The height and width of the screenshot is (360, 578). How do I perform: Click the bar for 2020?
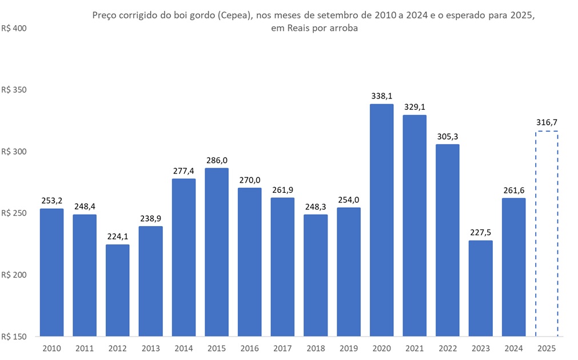point(381,220)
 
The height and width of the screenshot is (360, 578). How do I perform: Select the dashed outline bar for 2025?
point(546,234)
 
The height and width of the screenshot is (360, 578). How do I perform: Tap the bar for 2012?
point(117,290)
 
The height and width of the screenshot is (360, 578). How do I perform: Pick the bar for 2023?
point(480,288)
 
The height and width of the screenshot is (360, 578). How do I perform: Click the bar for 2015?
point(217,252)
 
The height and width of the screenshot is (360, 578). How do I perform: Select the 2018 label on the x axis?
point(315,347)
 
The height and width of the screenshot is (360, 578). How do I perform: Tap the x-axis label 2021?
point(414,347)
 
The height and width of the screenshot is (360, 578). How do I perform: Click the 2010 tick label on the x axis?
point(51,347)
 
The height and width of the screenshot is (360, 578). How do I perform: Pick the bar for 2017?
point(282,267)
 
